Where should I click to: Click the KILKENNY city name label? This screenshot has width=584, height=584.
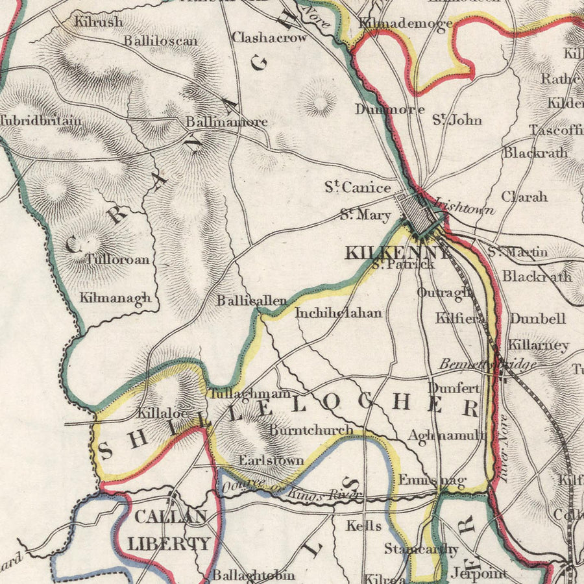coord(397,252)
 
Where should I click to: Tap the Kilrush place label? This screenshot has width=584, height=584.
coord(98,21)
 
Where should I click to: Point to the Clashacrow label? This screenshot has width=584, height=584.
coord(269,37)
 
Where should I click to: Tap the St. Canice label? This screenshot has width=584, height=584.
coord(358,188)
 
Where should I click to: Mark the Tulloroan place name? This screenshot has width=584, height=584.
coord(117,260)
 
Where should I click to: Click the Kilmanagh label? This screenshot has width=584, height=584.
coord(116,298)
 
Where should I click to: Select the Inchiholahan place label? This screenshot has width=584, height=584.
coord(338,313)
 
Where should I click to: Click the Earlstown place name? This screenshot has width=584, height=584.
coord(271,460)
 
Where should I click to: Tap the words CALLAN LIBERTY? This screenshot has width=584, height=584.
coord(169,530)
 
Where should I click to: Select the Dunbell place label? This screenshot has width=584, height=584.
coord(537,319)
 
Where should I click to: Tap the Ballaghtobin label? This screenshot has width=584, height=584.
coord(254,575)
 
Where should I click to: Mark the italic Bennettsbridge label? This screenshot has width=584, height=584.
coord(487,365)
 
